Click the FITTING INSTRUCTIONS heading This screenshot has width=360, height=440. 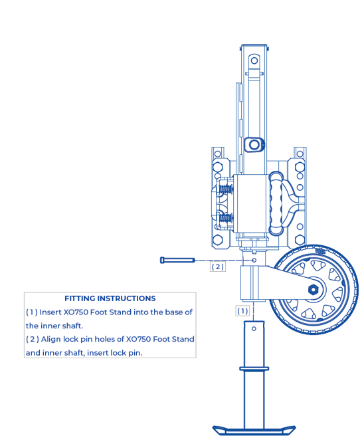[x=110, y=298]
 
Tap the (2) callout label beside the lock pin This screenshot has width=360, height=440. [x=218, y=267]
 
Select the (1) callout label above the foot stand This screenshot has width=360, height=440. [x=242, y=311]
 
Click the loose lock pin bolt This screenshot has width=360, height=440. [x=177, y=261]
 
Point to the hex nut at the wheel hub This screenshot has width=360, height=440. [x=313, y=289]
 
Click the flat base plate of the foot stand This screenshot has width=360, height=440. [x=254, y=430]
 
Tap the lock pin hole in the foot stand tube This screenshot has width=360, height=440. [x=254, y=328]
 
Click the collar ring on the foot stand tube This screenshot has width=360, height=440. [x=254, y=368]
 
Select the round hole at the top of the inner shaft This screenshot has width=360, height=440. [x=254, y=60]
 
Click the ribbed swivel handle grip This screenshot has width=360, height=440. [x=276, y=203]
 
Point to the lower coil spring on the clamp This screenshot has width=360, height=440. [x=226, y=218]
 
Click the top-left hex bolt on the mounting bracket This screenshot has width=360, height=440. [x=218, y=167]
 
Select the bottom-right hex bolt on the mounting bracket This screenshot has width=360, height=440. [x=300, y=240]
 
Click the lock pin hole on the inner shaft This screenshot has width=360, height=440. [x=254, y=261]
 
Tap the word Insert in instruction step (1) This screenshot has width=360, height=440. [x=50, y=312]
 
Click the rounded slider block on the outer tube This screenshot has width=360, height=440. [x=254, y=145]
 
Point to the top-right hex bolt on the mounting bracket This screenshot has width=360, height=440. [x=300, y=167]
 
